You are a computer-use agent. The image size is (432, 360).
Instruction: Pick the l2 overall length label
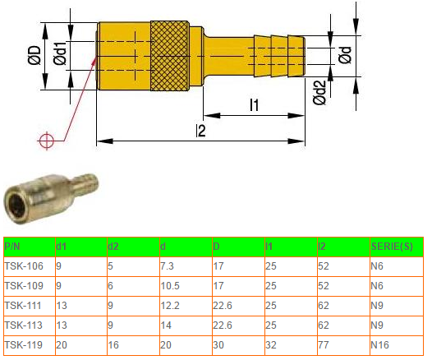[x=201, y=131]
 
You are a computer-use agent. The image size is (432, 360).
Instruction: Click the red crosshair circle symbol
[x=47, y=141]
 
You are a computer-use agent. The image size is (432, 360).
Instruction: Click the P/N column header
[x=13, y=246]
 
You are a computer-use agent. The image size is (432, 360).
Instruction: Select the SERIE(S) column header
[x=392, y=246]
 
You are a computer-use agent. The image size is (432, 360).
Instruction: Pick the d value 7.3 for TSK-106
[x=168, y=266]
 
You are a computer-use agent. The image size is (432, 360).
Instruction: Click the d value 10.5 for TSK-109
[x=170, y=286]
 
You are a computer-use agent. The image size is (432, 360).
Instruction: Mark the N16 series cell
[x=380, y=345]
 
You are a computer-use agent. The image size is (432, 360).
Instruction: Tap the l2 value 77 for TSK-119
[x=324, y=345]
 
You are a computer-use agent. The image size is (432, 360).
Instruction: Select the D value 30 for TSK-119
[x=218, y=345]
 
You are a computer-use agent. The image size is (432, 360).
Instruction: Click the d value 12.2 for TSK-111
[x=170, y=306]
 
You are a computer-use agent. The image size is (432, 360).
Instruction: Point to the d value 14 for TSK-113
[x=166, y=325]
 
